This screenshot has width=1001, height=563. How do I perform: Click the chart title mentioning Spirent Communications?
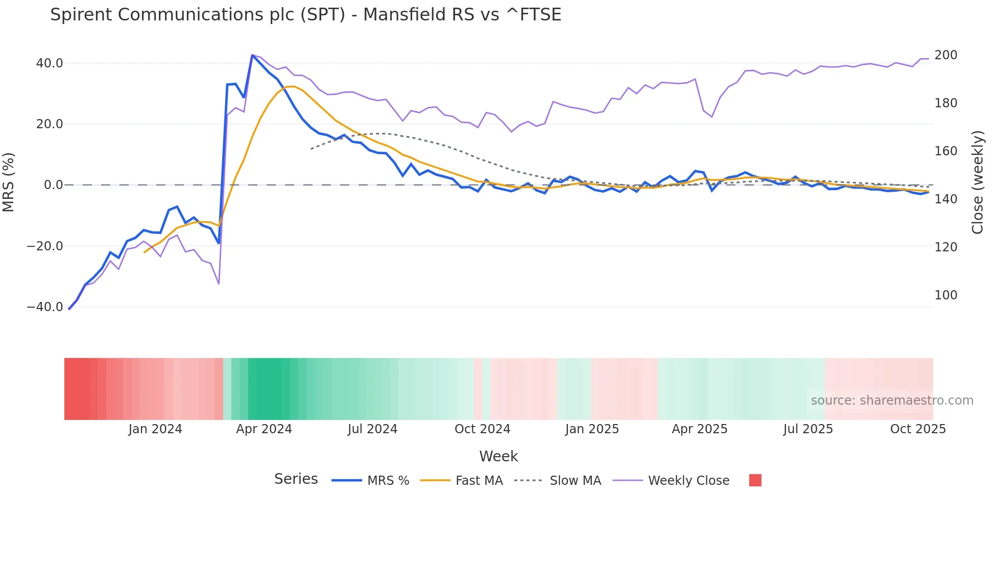(305, 15)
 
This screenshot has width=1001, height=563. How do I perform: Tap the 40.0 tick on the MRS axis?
(50, 63)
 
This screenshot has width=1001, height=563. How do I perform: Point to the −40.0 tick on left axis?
(45, 307)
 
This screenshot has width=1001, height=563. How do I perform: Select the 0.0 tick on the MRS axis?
(53, 185)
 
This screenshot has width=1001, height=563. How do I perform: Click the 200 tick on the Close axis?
(945, 55)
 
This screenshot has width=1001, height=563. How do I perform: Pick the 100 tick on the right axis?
(945, 295)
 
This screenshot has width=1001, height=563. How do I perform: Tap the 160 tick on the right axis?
(945, 151)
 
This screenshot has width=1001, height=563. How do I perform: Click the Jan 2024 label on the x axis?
(155, 429)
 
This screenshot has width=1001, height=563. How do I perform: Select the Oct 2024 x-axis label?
(482, 429)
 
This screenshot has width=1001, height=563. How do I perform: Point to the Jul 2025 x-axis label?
(808, 429)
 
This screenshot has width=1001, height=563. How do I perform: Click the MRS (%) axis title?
(9, 182)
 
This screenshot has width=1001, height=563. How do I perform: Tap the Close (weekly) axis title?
(978, 182)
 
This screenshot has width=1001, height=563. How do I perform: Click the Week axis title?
(498, 456)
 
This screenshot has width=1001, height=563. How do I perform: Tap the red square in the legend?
(755, 480)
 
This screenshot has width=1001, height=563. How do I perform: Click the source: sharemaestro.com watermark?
(892, 401)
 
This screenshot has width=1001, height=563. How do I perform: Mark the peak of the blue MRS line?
(252, 55)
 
